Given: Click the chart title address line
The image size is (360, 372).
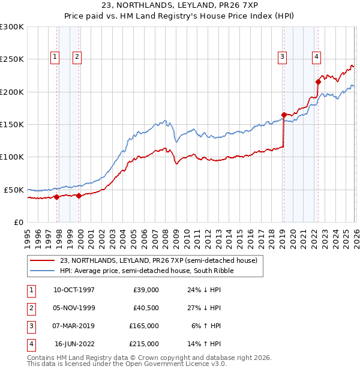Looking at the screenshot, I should point(180,5).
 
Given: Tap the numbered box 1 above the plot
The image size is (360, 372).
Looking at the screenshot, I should point(55,57).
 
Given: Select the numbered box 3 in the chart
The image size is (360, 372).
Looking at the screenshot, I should point(282,57).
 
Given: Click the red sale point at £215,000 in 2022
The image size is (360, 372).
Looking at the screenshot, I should point(318,82).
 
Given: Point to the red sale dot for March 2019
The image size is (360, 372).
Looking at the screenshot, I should point(283,115).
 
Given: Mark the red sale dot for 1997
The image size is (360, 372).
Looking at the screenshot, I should point(56,196).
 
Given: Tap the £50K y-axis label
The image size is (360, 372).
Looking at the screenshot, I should point(14,190).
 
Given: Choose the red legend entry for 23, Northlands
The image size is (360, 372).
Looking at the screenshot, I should point(158,260).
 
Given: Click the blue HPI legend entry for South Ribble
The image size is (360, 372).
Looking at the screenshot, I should point(146,271).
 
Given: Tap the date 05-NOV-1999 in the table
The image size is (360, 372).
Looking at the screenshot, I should point(74,307).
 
